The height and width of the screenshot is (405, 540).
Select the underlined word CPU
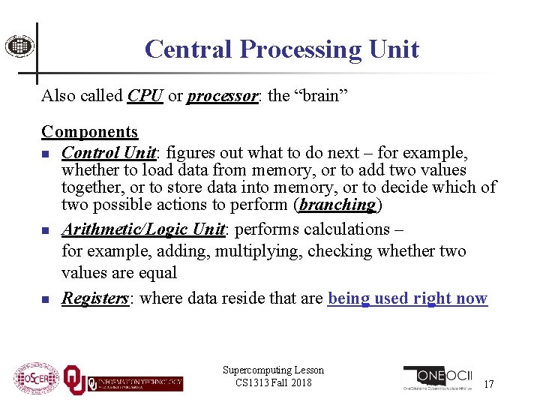point(145,96)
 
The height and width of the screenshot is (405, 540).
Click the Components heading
point(90,132)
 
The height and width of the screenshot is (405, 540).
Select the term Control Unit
point(109,153)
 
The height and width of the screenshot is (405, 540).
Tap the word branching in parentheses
point(337,205)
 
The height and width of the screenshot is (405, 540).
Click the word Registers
point(95,298)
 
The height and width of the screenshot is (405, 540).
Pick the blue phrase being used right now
point(407,298)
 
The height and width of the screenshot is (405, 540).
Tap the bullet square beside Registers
point(46,299)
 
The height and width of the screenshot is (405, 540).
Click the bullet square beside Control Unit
point(46,154)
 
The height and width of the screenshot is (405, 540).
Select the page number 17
point(488,384)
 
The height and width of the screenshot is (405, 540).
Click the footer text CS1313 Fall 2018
point(273,383)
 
